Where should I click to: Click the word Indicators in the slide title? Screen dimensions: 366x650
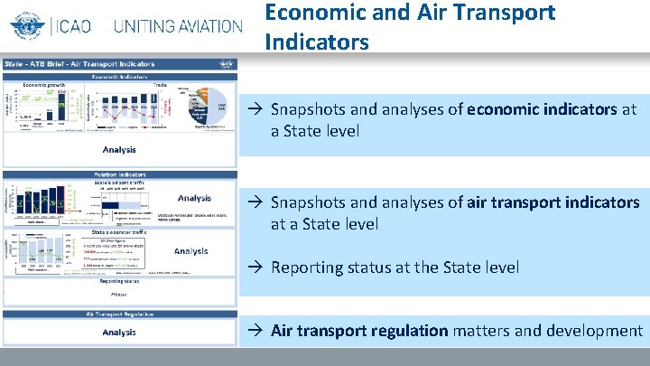coord(317,42)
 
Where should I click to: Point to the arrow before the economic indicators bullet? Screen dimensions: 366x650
coord(257,109)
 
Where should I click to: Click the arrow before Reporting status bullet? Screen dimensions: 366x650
coord(257,267)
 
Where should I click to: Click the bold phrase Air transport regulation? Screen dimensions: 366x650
coord(359,331)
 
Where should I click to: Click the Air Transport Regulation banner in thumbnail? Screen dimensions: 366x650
coord(119,314)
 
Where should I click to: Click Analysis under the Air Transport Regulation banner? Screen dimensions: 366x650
coord(119,332)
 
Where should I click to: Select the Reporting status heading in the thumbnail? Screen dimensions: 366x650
coord(119,281)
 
